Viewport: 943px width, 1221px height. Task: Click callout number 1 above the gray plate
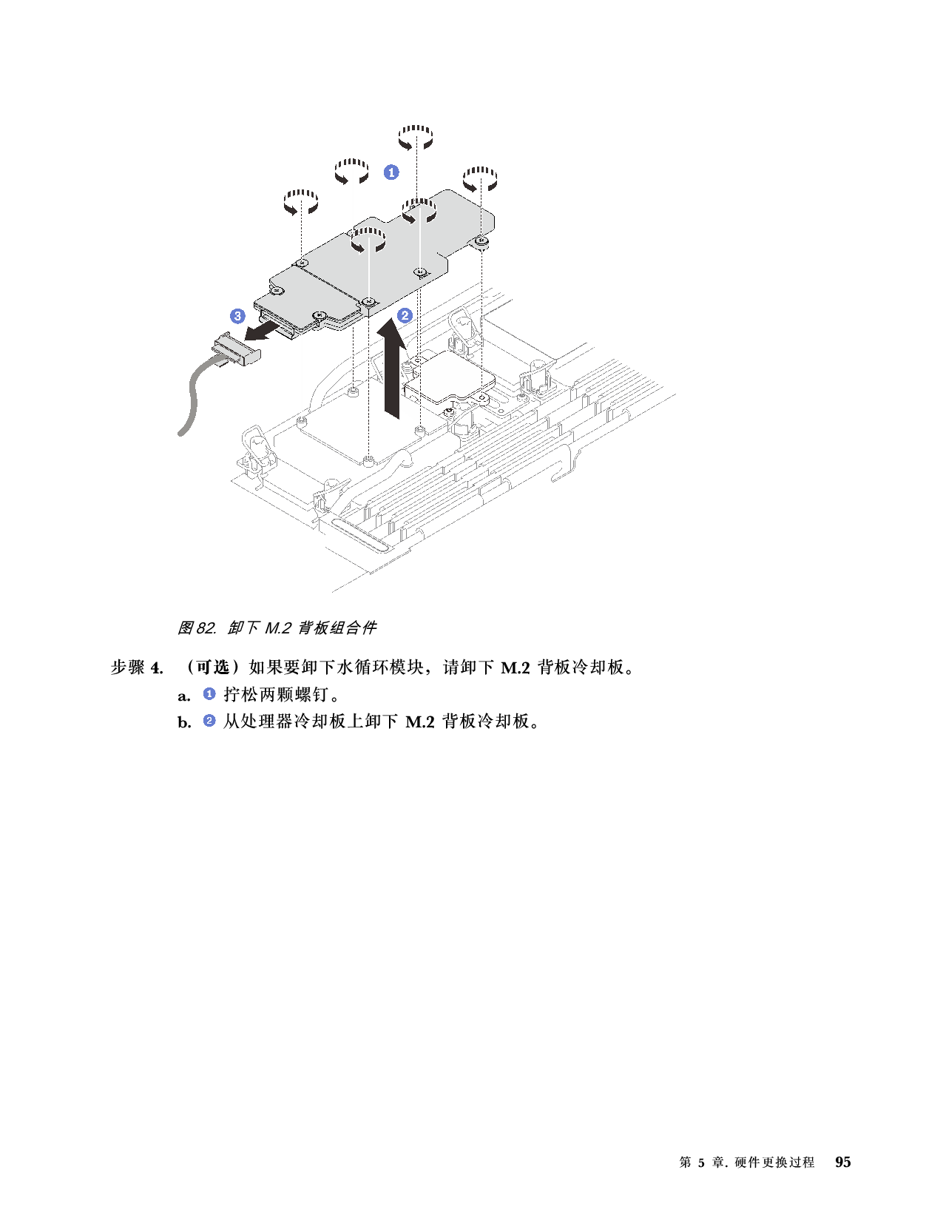(391, 172)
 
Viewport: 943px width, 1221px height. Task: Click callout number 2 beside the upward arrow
(405, 314)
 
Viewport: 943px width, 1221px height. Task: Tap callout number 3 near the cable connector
(237, 316)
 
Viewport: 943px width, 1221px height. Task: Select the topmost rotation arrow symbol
(416, 137)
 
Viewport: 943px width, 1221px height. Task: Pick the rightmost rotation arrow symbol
(480, 179)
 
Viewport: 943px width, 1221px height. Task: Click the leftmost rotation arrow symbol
(301, 201)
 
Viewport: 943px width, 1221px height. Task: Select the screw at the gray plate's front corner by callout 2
(368, 301)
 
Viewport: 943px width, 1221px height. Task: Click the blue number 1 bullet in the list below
(209, 693)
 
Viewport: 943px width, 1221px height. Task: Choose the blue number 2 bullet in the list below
(209, 720)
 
